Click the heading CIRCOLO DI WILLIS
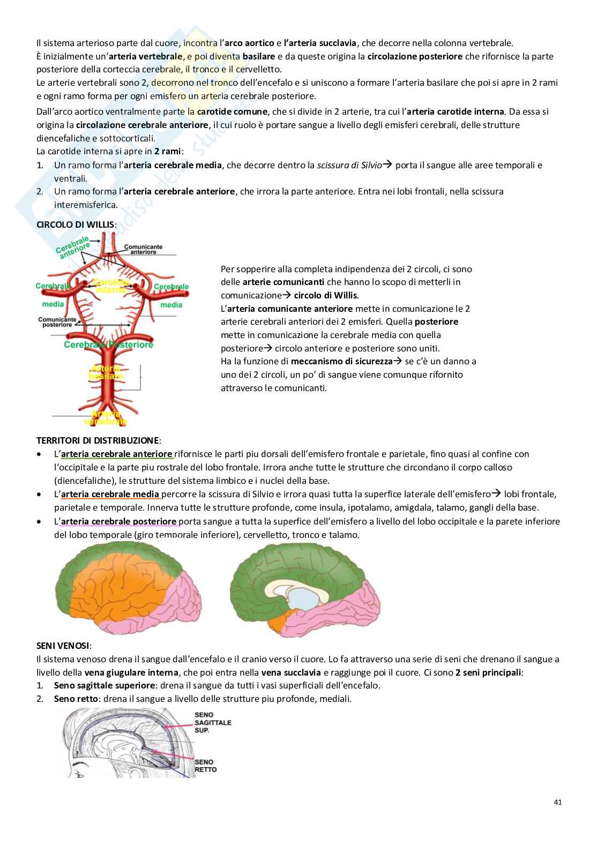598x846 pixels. coord(75,224)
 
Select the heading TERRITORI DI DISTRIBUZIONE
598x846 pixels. coord(98,440)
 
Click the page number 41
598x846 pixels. coord(558,802)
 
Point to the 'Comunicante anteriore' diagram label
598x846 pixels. coord(143,249)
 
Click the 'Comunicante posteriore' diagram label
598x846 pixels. coord(57,322)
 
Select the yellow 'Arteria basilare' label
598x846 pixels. coord(106,372)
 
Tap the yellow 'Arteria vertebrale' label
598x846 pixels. coord(106,417)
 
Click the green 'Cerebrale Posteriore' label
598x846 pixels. coord(108,345)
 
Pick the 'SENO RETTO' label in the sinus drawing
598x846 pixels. coord(205,765)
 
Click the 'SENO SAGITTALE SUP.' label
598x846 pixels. coord(213,722)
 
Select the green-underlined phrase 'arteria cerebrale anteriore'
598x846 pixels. coord(117,454)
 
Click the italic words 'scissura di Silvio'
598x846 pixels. coord(349,165)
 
